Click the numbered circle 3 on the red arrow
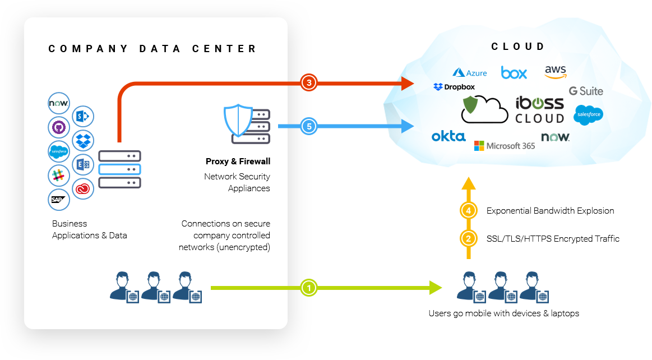[308, 82]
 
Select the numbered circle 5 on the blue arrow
[308, 126]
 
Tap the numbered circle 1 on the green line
[308, 288]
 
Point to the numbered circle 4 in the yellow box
[469, 211]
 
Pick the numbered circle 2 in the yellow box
[469, 238]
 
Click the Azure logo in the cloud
[470, 72]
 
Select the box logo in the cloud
[514, 72]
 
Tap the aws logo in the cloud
[556, 72]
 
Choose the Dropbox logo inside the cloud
[454, 87]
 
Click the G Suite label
[586, 91]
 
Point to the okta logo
[448, 136]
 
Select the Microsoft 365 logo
[505, 146]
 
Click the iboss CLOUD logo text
[539, 110]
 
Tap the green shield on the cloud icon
[471, 104]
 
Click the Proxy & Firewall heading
[238, 161]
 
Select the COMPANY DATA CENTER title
[152, 49]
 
